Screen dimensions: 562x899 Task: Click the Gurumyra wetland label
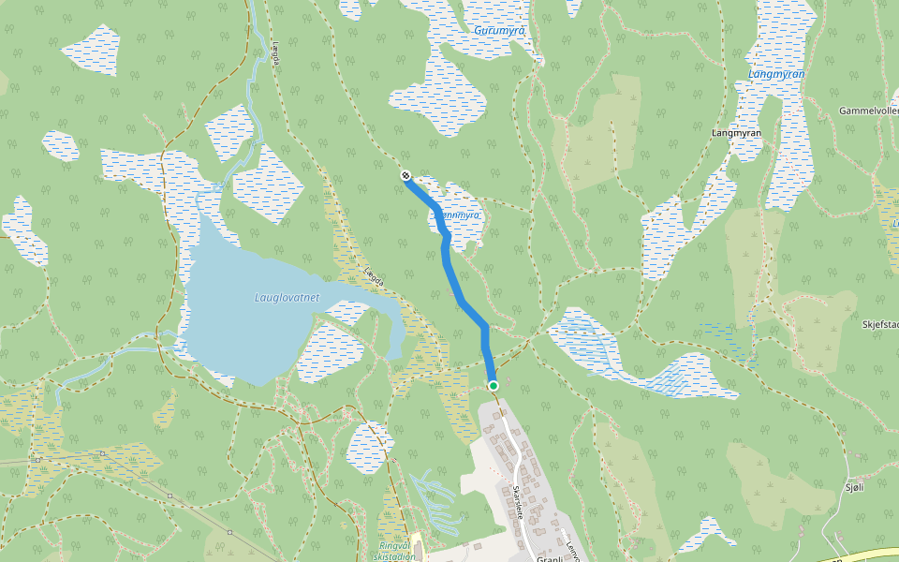499,31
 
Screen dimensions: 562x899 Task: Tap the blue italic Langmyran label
776,74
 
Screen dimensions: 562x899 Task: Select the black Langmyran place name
735,133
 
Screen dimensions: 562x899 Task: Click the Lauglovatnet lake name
287,298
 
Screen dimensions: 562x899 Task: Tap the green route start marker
494,385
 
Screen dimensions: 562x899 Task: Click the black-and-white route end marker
405,175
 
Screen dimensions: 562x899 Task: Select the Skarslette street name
517,501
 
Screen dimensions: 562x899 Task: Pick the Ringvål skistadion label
396,550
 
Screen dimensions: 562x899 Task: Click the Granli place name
548,557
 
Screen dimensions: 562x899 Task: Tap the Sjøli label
854,487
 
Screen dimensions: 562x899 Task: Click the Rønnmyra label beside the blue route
460,215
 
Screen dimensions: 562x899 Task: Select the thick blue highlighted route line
464,300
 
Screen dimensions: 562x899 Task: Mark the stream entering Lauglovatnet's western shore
140,350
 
